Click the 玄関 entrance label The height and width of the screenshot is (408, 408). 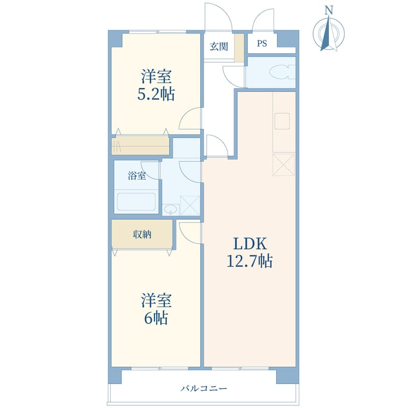(x=219, y=46)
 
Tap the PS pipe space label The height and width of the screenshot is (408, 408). (x=262, y=43)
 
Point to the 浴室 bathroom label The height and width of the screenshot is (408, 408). (x=137, y=175)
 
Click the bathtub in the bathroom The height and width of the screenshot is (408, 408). (x=136, y=201)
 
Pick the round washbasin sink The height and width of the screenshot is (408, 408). (x=171, y=209)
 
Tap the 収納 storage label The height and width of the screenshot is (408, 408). (x=142, y=235)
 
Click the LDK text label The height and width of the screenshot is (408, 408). (x=250, y=244)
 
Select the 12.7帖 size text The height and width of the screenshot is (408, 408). (x=250, y=261)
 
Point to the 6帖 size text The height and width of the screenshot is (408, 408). (x=156, y=317)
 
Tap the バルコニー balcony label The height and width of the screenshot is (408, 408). (x=203, y=389)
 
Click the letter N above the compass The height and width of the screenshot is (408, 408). (x=329, y=10)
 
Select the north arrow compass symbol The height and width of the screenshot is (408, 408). (x=328, y=33)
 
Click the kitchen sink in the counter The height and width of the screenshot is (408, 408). (x=282, y=121)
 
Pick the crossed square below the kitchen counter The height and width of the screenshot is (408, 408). (x=284, y=165)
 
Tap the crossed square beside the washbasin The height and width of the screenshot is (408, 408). (x=190, y=206)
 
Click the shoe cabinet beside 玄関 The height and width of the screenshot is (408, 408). (x=239, y=48)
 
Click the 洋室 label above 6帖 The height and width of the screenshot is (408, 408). (x=156, y=300)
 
